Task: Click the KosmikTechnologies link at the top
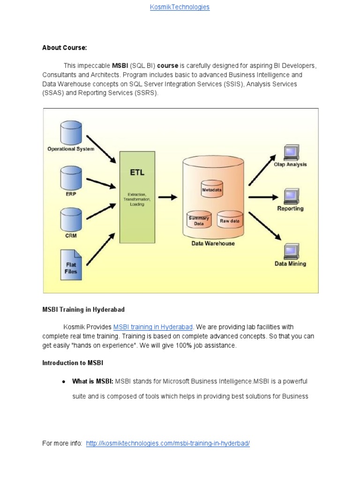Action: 180,7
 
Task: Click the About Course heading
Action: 65,48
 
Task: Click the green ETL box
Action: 137,197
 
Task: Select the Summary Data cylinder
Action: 199,219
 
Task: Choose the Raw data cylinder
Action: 230,219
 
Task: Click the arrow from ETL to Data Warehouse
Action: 167,197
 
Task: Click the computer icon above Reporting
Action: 291,195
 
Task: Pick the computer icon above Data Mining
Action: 291,251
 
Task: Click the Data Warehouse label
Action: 213,243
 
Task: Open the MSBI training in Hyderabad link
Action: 153,327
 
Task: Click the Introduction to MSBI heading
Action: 73,363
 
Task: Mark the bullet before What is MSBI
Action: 63,382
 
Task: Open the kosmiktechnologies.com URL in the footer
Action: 168,443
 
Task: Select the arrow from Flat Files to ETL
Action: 100,251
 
